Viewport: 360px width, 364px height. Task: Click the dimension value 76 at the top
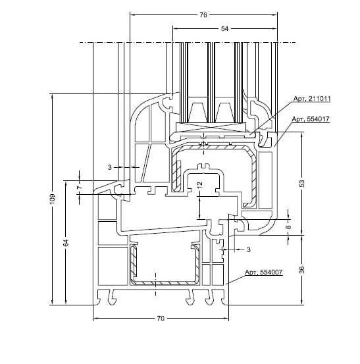[x=203, y=15]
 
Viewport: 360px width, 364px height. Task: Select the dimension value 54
[x=224, y=29]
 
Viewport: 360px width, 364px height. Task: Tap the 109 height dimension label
[x=53, y=199]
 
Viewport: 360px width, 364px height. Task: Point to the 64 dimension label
[x=66, y=243]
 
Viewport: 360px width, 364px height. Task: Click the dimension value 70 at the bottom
[x=161, y=319]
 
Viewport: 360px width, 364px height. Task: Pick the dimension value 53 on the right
[x=301, y=184]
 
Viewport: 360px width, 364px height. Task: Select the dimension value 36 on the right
[x=301, y=269]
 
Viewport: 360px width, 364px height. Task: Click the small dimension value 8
[x=288, y=226]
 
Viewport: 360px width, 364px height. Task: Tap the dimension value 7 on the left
[x=80, y=187]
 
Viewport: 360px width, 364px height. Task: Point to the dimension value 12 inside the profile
[x=199, y=184]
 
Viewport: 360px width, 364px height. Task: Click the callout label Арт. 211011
[x=312, y=99]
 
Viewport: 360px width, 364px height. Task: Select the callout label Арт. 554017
[x=311, y=119]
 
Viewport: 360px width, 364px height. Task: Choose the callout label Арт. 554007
[x=264, y=272]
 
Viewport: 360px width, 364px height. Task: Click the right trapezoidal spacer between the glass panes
[x=224, y=113]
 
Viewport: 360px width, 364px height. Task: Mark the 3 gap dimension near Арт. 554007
[x=249, y=249]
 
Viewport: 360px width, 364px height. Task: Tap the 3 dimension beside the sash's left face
[x=109, y=167]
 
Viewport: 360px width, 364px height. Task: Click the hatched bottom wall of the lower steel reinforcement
[x=165, y=283]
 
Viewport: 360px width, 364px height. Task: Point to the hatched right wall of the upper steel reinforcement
[x=253, y=176]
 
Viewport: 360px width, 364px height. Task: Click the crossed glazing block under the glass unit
[x=211, y=127]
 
